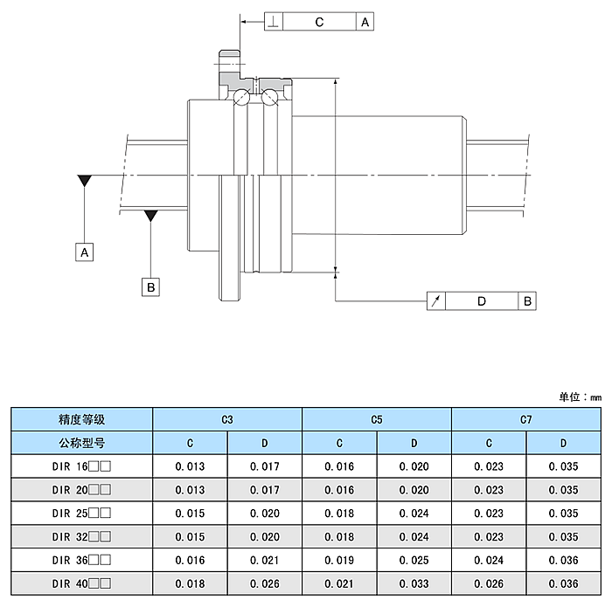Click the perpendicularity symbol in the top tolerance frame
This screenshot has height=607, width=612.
pos(274,22)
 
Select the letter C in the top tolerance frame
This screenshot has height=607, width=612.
pos(319,22)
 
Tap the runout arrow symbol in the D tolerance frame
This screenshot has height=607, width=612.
pos(436,301)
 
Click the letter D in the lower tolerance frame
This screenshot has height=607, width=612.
pos(482,301)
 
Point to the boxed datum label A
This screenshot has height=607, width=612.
pos(84,252)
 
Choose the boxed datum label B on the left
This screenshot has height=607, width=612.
pos(150,287)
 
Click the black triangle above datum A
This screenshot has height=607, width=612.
pos(85,181)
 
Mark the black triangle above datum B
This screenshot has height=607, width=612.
pos(150,216)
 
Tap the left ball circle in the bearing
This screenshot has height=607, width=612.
pos(241,97)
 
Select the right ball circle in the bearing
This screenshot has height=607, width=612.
pos(269,97)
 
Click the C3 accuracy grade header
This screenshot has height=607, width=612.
pos(227,419)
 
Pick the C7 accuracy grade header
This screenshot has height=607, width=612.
pos(525,419)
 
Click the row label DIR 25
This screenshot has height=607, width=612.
pos(81,513)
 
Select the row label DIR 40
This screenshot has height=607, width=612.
pos(81,583)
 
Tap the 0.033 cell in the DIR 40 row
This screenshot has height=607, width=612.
pos(414,583)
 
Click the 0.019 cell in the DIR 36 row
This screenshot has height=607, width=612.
pos(339,560)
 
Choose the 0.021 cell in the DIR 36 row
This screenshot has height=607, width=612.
pos(265,560)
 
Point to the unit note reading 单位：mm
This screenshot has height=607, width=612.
pos(580,397)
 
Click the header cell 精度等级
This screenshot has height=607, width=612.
pos(81,419)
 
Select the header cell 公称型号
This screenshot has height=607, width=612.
pos(81,443)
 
